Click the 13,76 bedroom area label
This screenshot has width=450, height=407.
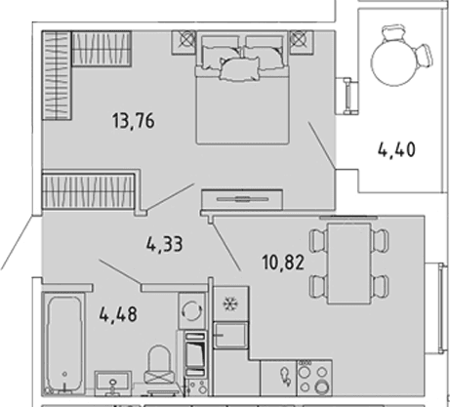pyautogui.click(x=134, y=121)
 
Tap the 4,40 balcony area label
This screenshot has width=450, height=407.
pyautogui.click(x=396, y=150)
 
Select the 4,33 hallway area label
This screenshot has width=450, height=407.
pyautogui.click(x=164, y=244)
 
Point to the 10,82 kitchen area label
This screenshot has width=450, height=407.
pyautogui.click(x=283, y=263)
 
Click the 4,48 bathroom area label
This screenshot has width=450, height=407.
pyautogui.click(x=118, y=314)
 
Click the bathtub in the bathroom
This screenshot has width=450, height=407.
pyautogui.click(x=63, y=345)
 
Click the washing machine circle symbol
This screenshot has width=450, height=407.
pyautogui.click(x=192, y=310)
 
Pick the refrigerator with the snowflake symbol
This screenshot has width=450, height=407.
pyautogui.click(x=230, y=304)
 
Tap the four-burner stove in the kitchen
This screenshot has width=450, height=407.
pyautogui.click(x=314, y=378)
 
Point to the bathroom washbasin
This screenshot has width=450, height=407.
pyautogui.click(x=113, y=383)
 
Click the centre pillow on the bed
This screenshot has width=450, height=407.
pyautogui.click(x=240, y=68)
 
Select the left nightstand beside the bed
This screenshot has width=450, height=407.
pyautogui.click(x=184, y=42)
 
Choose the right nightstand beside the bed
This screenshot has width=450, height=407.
pyautogui.click(x=302, y=42)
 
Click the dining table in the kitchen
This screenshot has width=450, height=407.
pyautogui.click(x=349, y=264)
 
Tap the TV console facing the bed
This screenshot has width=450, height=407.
pyautogui.click(x=242, y=199)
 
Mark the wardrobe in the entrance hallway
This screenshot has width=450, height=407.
pyautogui.click(x=88, y=190)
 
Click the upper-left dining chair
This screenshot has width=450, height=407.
pyautogui.click(x=317, y=241)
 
